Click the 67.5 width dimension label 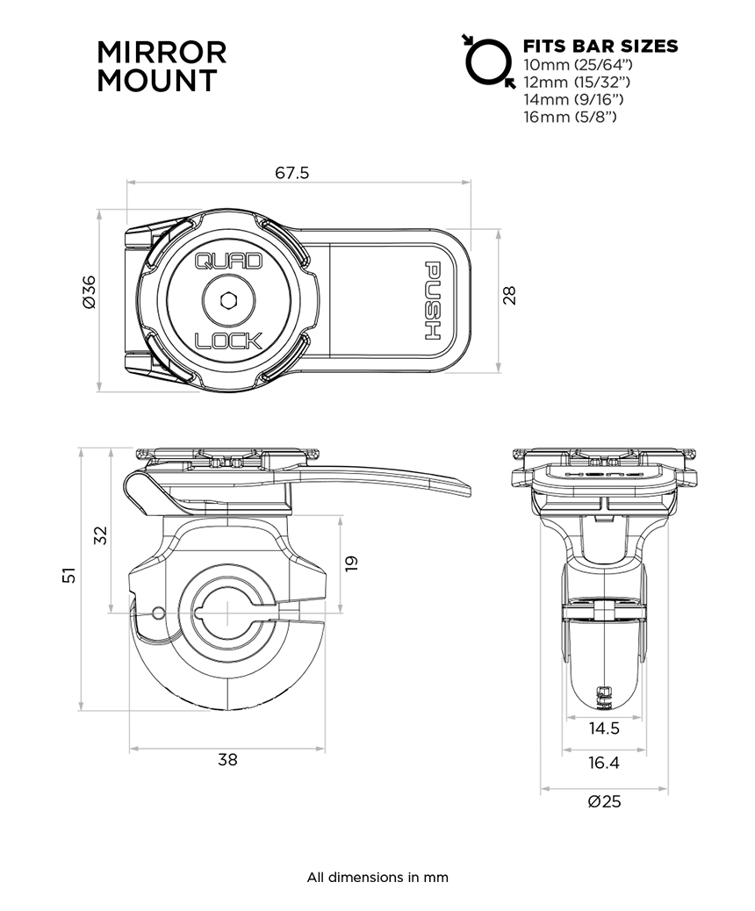tap(291, 173)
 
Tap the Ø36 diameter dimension tap(89, 292)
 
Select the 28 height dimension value tap(509, 296)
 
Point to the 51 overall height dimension tap(69, 575)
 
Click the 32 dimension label tap(101, 535)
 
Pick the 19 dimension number tap(352, 563)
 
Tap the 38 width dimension tap(228, 760)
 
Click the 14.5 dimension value tap(604, 728)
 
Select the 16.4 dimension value tap(604, 763)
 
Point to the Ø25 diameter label tap(604, 802)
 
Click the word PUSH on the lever tap(433, 301)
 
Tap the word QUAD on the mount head tap(228, 262)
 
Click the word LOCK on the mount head tap(228, 341)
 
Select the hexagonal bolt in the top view tap(228, 300)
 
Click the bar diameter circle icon tap(489, 61)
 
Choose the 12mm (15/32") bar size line tap(577, 82)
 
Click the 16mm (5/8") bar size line tap(570, 117)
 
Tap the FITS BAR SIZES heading tap(600, 46)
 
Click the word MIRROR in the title tap(162, 53)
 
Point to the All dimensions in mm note tap(377, 878)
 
